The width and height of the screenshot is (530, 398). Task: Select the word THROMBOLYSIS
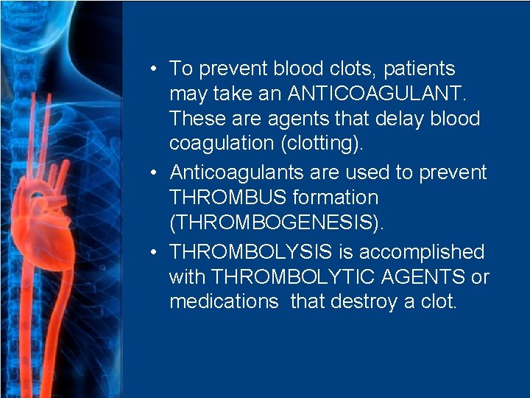click(251, 252)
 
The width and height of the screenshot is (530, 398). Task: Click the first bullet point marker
click(150, 69)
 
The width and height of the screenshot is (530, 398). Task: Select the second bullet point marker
click(150, 172)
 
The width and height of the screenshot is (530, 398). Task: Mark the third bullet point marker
click(150, 252)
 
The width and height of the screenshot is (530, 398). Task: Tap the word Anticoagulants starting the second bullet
click(234, 172)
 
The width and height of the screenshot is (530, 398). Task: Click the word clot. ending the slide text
click(439, 302)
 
